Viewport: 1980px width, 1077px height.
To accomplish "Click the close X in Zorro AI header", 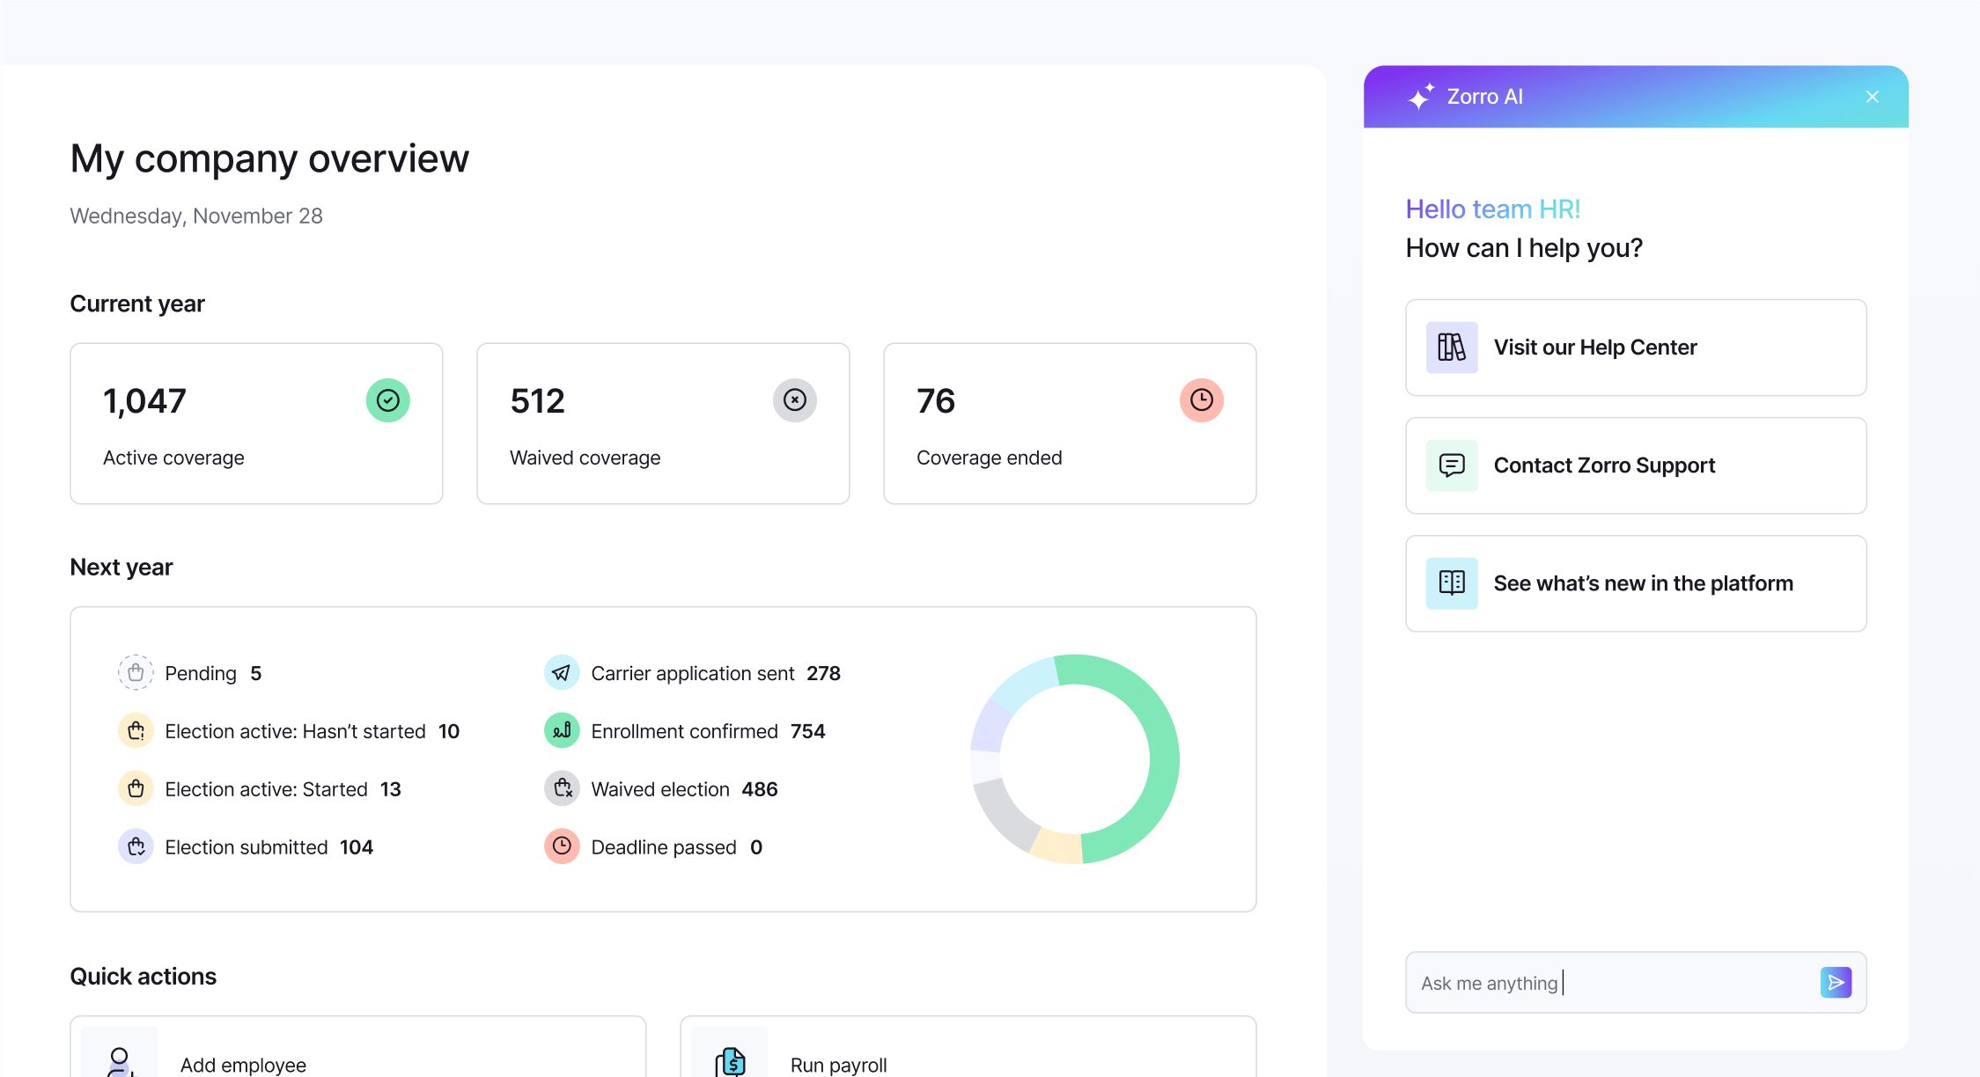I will (1872, 97).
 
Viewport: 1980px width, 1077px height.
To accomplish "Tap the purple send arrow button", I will (1836, 982).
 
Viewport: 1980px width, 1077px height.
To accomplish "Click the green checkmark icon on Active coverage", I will (388, 400).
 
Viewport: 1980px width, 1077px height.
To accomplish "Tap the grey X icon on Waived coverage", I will (795, 400).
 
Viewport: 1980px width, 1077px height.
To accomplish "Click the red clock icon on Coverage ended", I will (1202, 400).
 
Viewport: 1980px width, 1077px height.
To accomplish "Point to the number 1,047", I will (145, 401).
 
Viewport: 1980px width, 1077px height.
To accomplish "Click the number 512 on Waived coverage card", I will (537, 401).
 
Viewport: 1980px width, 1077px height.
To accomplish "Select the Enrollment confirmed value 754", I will (807, 731).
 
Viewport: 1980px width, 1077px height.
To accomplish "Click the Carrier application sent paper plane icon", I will (562, 673).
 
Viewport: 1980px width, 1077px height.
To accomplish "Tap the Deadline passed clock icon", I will (562, 846).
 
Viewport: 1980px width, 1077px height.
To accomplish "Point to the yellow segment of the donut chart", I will (1056, 846).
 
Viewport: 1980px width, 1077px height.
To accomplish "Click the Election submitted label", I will (247, 847).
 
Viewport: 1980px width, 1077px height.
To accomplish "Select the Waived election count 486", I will (759, 789).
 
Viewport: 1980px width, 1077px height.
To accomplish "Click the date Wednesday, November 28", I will (196, 216).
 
